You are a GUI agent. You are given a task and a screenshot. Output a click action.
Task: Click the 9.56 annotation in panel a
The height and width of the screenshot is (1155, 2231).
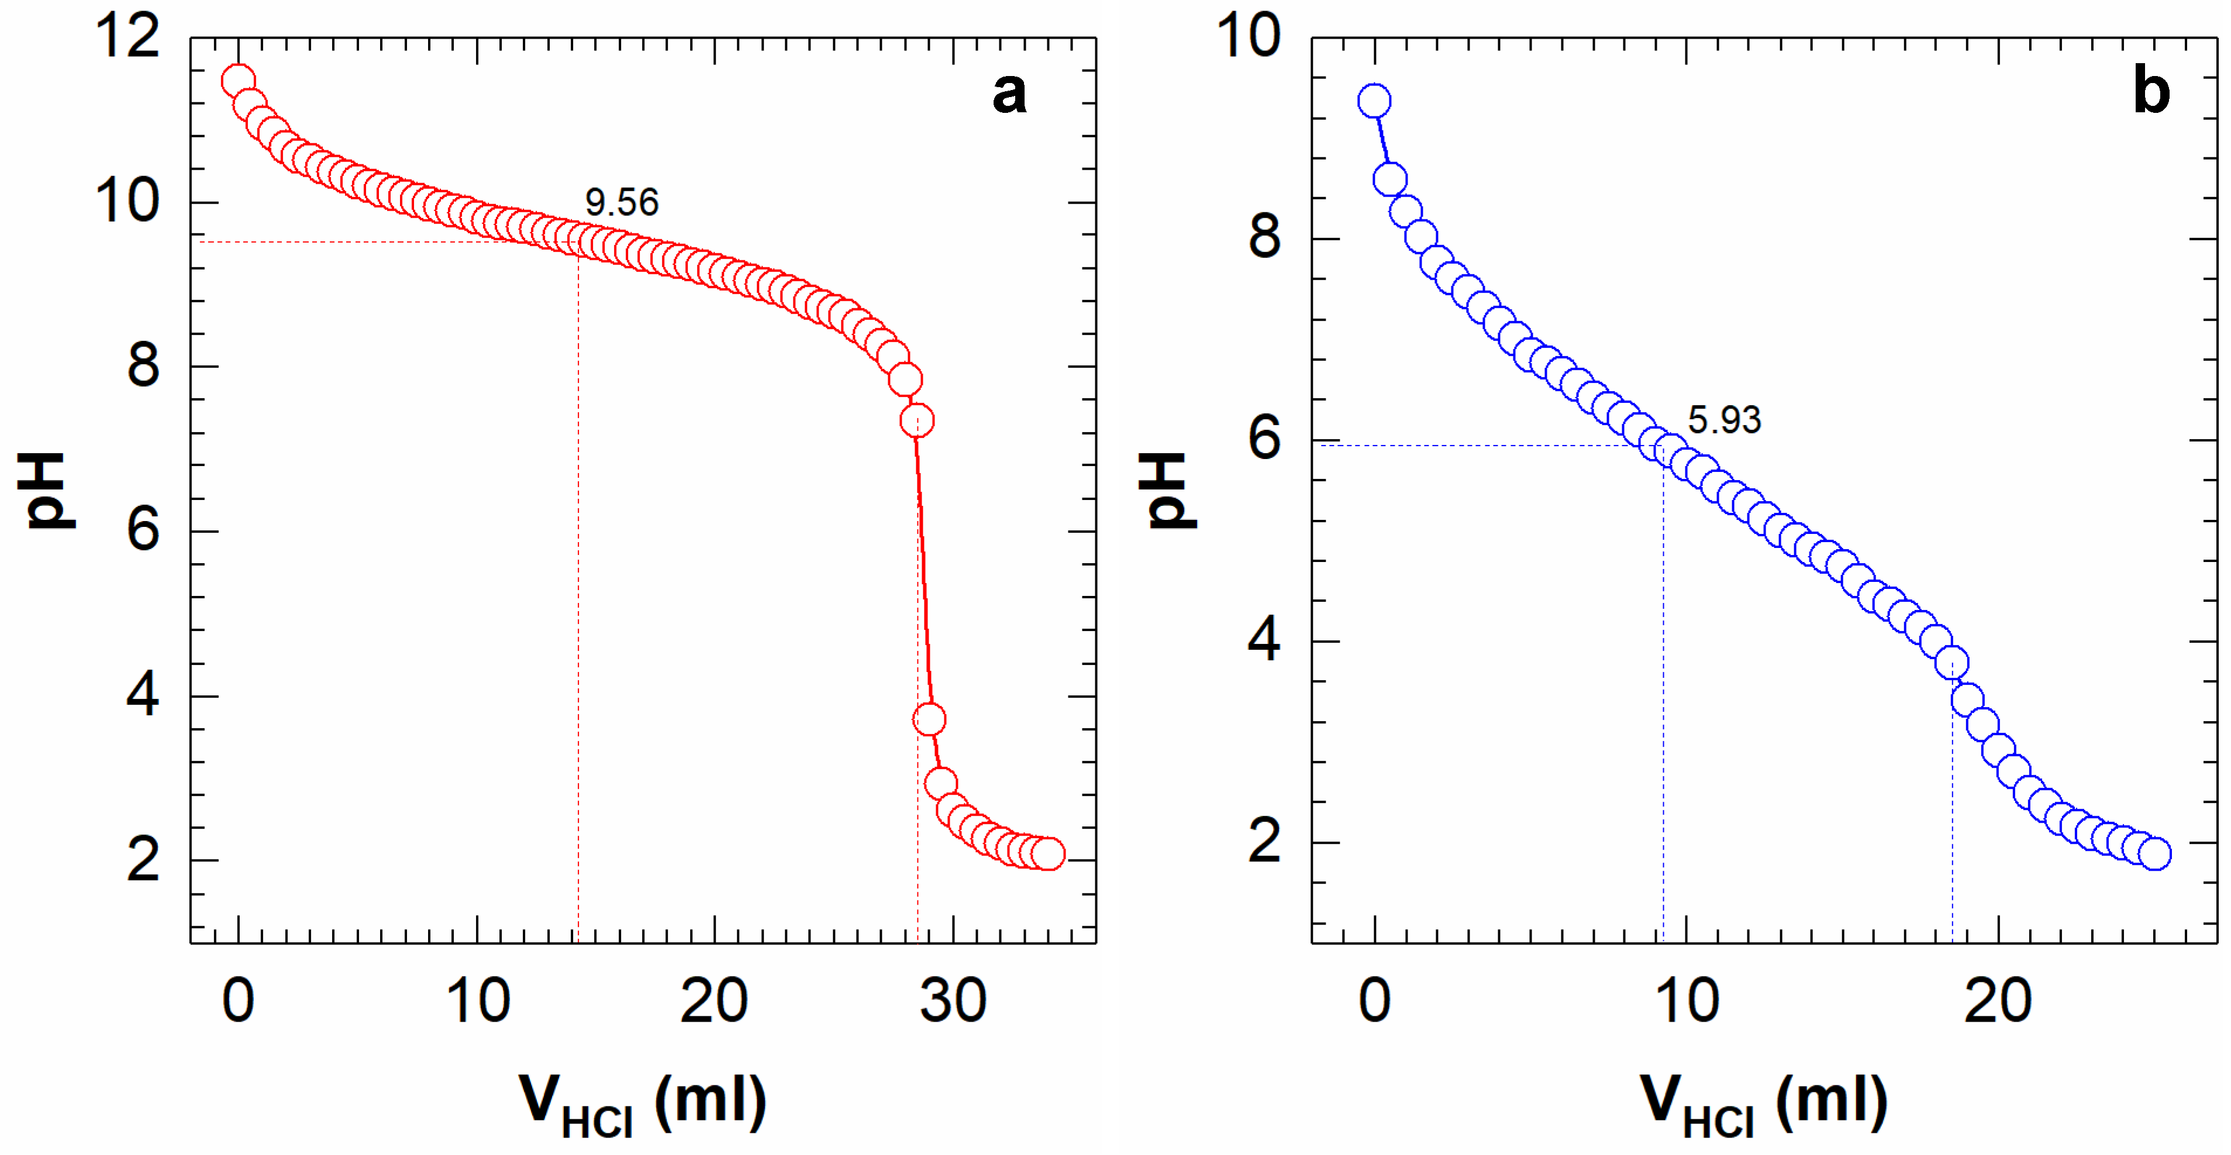(622, 202)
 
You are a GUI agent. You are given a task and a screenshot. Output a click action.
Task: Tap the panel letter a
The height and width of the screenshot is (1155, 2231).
(1009, 92)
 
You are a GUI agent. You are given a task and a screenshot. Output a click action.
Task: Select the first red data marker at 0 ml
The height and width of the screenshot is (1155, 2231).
(237, 81)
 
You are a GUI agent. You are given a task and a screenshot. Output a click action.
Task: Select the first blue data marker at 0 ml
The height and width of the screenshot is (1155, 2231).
(1374, 101)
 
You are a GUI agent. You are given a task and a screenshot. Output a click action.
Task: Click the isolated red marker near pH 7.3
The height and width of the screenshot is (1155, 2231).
(916, 421)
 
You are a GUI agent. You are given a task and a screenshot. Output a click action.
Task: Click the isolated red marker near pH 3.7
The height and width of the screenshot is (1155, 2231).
(929, 719)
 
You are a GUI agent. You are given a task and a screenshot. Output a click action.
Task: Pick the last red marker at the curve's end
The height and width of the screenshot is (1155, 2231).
(1048, 854)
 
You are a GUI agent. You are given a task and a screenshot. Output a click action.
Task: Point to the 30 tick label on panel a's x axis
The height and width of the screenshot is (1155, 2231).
(953, 1002)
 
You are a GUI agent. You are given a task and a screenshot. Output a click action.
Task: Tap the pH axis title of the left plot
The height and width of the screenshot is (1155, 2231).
(47, 490)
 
